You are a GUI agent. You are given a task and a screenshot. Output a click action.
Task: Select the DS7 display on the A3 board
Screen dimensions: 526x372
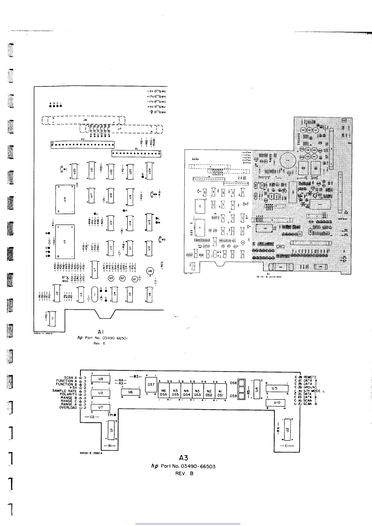click(x=151, y=384)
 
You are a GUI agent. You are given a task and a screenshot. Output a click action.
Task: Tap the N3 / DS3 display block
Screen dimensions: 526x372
click(x=197, y=393)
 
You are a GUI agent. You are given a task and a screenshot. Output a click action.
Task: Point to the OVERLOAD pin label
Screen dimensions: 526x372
click(x=68, y=408)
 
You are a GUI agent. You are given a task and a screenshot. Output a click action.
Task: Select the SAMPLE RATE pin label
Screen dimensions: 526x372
click(x=64, y=391)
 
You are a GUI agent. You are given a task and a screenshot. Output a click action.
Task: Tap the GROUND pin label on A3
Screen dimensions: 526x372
click(x=310, y=387)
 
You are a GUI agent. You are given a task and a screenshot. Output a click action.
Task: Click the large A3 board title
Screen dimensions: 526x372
click(x=183, y=458)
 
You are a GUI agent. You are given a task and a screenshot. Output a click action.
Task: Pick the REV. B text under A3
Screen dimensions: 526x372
click(x=184, y=473)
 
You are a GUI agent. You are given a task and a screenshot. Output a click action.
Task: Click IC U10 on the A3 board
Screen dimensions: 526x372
click(x=277, y=403)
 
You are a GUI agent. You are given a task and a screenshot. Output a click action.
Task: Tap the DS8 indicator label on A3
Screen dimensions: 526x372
click(x=233, y=383)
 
